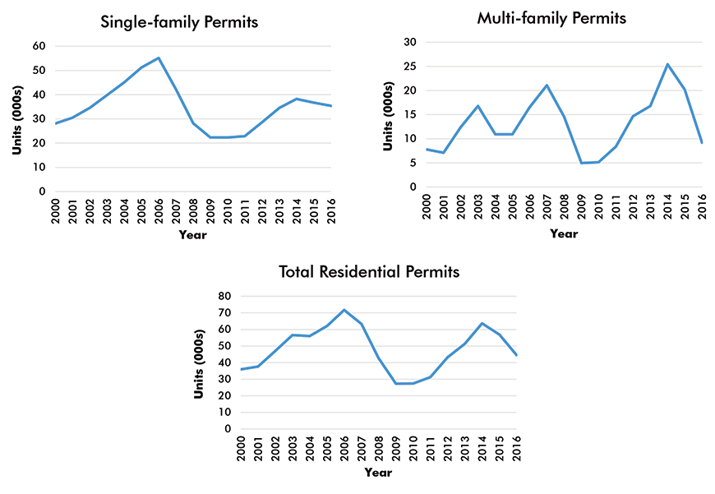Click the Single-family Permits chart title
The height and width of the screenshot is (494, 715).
[x=179, y=22]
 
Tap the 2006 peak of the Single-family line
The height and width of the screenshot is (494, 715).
[x=159, y=58]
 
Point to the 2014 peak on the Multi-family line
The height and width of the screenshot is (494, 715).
[x=668, y=64]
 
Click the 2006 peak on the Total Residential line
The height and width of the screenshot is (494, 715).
[x=344, y=310]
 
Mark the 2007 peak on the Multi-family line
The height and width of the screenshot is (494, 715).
[x=547, y=85]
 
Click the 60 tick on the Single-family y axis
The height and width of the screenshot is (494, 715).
[x=39, y=46]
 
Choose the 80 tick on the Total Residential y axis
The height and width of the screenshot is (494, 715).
[x=224, y=296]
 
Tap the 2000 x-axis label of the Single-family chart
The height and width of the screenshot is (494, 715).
[x=57, y=210]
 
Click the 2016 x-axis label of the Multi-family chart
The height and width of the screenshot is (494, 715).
[x=703, y=205]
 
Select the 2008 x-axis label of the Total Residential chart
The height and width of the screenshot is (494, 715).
[x=378, y=447]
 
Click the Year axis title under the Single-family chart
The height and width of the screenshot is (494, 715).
[x=193, y=235]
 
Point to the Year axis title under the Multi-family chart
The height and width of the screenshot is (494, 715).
[x=564, y=233]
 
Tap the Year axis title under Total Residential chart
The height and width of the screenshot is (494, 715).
[x=378, y=473]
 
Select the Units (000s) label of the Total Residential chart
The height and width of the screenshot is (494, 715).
[x=199, y=362]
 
